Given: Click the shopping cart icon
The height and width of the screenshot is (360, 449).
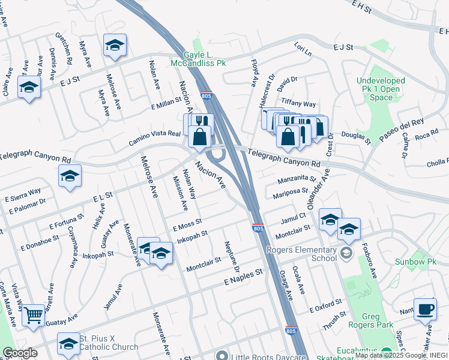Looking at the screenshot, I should point(33,314).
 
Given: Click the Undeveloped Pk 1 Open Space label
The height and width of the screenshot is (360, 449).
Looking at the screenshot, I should point(381,89).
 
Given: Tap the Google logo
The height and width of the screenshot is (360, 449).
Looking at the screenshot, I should point(20,353).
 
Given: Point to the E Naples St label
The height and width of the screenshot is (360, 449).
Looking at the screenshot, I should point(244,276).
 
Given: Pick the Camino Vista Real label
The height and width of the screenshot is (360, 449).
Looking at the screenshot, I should point(154,139).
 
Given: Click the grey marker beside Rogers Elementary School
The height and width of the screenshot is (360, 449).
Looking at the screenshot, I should point(345,253).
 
